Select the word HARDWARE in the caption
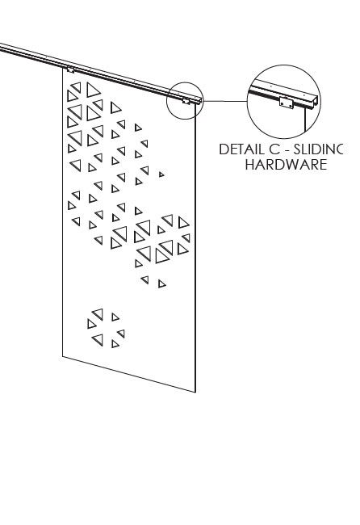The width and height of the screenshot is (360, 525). click(x=286, y=165)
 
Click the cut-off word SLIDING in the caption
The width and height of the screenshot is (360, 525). click(x=319, y=149)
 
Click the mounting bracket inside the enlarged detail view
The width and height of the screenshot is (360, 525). click(x=286, y=103)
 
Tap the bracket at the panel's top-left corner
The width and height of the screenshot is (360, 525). click(x=70, y=69)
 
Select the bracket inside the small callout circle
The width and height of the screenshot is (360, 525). click(x=186, y=100)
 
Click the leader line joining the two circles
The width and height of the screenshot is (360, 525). click(x=225, y=101)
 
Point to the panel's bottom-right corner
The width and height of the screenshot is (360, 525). click(x=195, y=392)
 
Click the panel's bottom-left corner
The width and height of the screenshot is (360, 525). click(x=63, y=356)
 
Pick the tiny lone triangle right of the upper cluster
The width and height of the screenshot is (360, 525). click(x=161, y=174)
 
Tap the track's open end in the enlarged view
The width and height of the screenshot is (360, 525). click(x=313, y=103)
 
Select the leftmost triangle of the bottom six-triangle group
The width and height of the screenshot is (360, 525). click(x=92, y=324)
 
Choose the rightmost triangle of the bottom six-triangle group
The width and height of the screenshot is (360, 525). click(x=121, y=334)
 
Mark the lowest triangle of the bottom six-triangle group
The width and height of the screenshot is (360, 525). click(x=115, y=344)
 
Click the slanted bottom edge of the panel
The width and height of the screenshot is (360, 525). click(x=129, y=374)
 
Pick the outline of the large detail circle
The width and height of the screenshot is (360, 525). click(x=284, y=65)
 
